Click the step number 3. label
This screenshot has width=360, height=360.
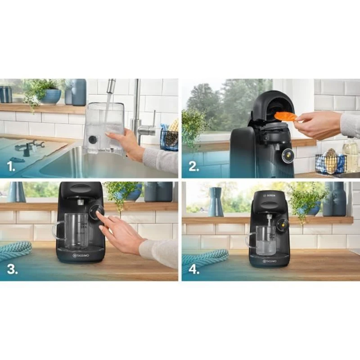pos(12,269)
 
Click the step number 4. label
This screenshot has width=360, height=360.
pos(194,269)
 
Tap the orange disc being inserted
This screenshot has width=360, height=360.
pos(285,117)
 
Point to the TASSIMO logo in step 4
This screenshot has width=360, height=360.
pos(269,260)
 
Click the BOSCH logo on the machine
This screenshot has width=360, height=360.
pos(269,197)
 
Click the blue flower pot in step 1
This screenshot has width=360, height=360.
pos(50,96)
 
